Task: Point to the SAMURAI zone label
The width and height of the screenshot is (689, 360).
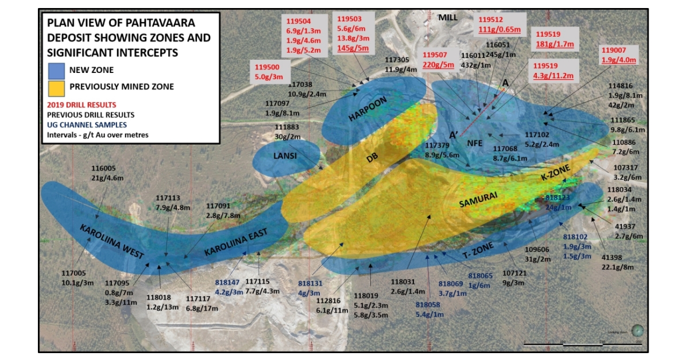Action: pyautogui.click(x=478, y=199)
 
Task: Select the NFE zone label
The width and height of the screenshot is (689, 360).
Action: pyautogui.click(x=475, y=143)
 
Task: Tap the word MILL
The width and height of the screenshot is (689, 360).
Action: pyautogui.click(x=448, y=17)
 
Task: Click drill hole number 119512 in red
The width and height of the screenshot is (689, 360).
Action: pyautogui.click(x=494, y=20)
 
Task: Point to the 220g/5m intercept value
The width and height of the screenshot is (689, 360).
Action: pyautogui.click(x=438, y=64)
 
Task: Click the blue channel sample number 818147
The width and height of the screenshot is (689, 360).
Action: pyautogui.click(x=227, y=282)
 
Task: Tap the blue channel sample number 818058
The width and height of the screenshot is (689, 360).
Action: pyautogui.click(x=429, y=304)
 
